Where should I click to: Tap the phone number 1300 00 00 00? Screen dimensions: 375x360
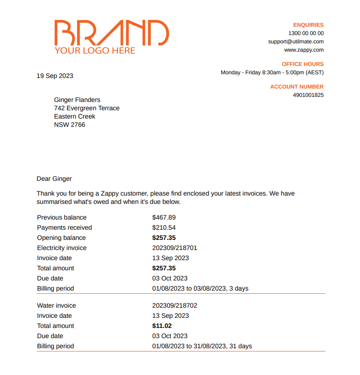pos(306,33)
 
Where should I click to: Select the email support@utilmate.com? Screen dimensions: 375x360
pos(296,42)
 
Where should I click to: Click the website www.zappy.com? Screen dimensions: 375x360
pos(304,50)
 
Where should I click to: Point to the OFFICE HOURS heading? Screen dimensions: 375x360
pos(302,64)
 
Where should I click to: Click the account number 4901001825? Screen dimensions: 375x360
pos(308,95)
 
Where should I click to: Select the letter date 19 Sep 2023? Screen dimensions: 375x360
pos(55,76)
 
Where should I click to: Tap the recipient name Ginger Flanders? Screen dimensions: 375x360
pos(77,100)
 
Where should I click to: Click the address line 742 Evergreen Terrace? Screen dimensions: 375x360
pos(87,108)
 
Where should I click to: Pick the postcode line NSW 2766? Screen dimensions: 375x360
pos(70,125)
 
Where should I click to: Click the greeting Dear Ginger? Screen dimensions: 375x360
pos(54,179)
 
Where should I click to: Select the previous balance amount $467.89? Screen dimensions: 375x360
pos(164,217)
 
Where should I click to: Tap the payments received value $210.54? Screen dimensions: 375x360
pos(164,227)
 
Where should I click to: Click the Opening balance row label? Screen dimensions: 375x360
pos(61,238)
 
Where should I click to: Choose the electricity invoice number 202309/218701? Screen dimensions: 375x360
pos(174,248)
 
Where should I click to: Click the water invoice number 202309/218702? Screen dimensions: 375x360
pos(174,305)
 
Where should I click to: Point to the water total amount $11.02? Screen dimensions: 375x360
pos(162,326)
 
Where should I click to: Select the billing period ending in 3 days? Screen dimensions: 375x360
pos(200,288)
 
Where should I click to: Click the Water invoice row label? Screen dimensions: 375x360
pos(56,305)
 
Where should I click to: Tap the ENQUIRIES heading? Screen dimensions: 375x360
pos(308,25)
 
